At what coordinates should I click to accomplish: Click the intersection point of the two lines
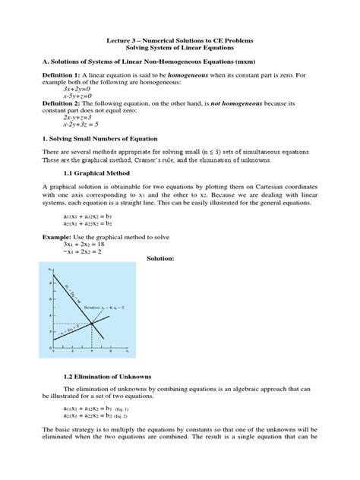(92, 323)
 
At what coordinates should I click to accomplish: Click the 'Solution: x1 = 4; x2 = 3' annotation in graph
(103, 307)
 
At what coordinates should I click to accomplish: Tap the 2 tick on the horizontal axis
(72, 352)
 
